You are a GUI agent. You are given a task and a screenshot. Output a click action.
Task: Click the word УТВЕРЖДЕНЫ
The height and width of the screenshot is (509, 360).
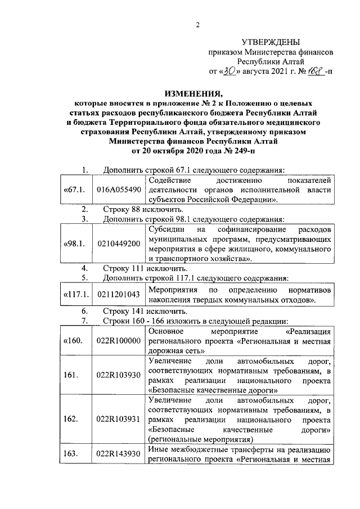(270, 42)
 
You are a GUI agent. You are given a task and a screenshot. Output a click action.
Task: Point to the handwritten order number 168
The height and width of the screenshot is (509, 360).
(313, 71)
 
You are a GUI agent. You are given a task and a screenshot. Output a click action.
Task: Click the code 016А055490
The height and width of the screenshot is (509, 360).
(119, 191)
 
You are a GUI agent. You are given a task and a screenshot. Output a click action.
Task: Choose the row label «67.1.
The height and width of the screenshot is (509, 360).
(74, 191)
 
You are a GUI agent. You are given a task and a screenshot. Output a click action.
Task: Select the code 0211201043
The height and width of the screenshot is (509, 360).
(119, 294)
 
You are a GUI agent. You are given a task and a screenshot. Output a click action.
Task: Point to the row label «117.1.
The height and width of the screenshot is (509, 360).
(75, 294)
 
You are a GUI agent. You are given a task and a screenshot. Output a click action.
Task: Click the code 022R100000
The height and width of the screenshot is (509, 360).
(119, 341)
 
